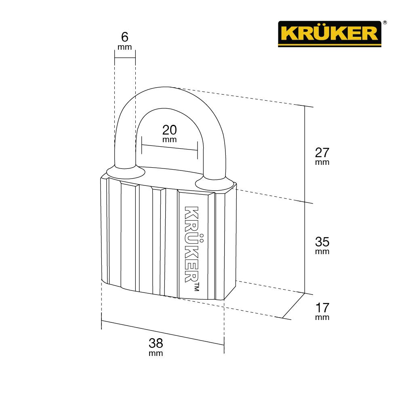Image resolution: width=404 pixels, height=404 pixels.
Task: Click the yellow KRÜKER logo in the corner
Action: [x=329, y=34]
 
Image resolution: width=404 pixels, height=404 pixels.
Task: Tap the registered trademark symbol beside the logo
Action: [x=385, y=23]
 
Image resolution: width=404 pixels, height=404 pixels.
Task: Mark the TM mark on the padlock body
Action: [x=197, y=287]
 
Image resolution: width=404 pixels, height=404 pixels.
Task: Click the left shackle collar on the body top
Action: [x=126, y=172]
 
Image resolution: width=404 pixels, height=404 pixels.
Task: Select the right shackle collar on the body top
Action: [x=215, y=184]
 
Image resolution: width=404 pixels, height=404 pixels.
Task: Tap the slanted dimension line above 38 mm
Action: [x=162, y=333]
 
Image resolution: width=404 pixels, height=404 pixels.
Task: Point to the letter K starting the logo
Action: [x=287, y=33]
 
